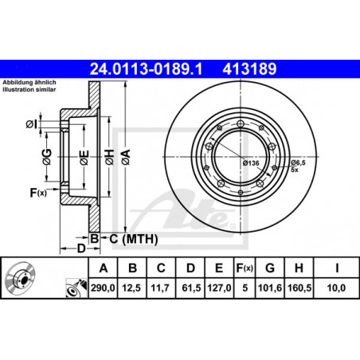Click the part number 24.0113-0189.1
(x=146, y=69)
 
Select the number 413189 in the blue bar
(x=249, y=69)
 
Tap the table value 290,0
(x=103, y=288)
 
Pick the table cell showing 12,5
(x=131, y=288)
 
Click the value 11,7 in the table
(x=160, y=288)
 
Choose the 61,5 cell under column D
(x=191, y=288)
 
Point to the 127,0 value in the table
(x=219, y=288)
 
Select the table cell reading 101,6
(x=270, y=288)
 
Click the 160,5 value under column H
(x=299, y=288)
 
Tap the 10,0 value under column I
(x=336, y=288)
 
